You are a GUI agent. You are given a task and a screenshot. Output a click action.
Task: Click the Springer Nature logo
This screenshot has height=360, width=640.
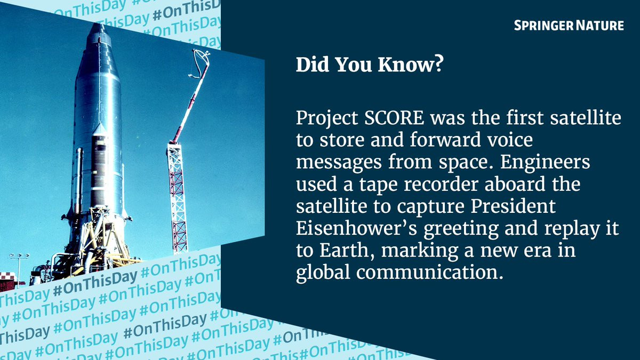pos(569,26)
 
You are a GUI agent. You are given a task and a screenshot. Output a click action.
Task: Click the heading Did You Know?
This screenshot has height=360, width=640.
pos(370,65)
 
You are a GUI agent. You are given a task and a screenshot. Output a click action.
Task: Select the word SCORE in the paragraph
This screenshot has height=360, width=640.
pos(394,118)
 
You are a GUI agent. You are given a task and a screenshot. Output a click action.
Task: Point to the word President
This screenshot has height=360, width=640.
pos(513,206)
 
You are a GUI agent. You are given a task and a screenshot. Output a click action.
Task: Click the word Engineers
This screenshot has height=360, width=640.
pos(545,162)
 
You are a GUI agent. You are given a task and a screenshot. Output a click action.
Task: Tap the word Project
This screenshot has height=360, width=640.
pos(327,118)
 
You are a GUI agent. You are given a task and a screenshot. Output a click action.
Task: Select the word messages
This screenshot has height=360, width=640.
pos(339,163)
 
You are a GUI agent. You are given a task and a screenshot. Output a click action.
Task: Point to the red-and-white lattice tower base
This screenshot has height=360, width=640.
pos(177,197)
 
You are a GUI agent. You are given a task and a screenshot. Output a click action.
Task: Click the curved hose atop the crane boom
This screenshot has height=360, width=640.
pos(200,63)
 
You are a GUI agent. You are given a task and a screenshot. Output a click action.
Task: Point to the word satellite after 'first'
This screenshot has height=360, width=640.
pos(586,118)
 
